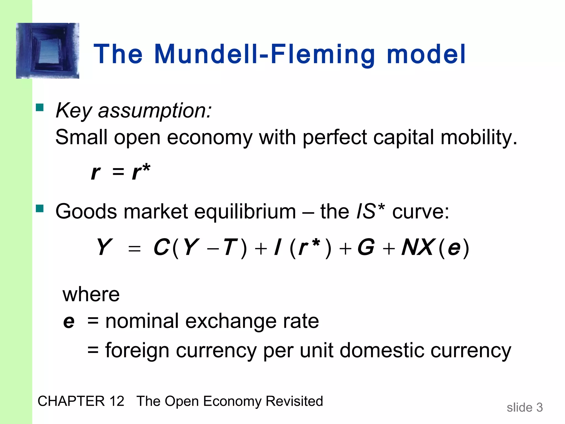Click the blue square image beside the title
(x=47, y=51)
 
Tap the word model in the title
(x=426, y=54)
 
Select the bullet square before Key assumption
(x=40, y=107)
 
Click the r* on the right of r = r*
(x=141, y=172)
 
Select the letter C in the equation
(x=161, y=247)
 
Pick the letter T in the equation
(x=230, y=247)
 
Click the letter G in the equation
(x=366, y=247)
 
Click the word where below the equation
(x=91, y=295)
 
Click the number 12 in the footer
(x=117, y=401)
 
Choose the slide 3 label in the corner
(x=524, y=407)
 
